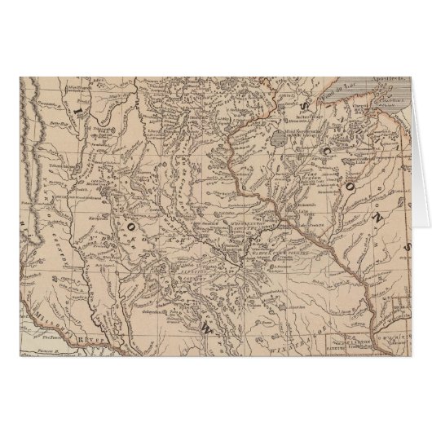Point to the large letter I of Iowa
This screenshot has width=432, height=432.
(x=78, y=107)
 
